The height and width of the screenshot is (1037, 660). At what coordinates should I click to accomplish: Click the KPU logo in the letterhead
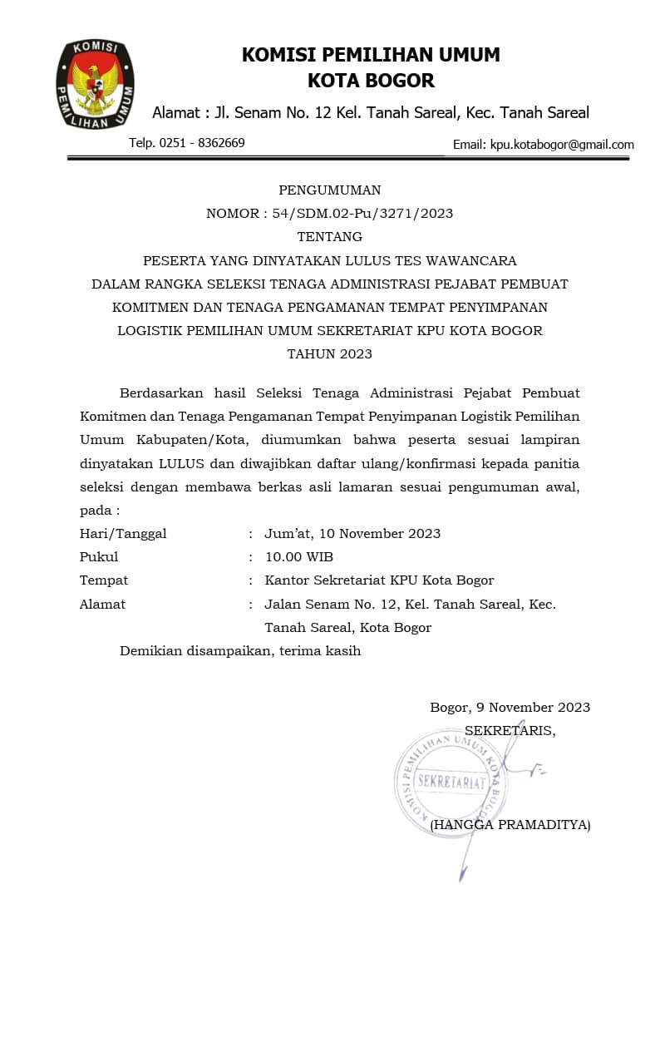[x=95, y=84]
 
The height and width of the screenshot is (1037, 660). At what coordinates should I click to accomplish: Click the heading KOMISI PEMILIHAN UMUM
[x=371, y=55]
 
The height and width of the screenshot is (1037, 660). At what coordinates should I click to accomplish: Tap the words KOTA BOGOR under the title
[x=371, y=81]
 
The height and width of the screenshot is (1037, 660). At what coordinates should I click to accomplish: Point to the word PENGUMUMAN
[x=330, y=190]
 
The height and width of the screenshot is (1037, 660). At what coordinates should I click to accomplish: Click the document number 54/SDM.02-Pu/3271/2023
[x=362, y=214]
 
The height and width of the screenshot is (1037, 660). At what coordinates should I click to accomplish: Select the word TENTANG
[x=330, y=237]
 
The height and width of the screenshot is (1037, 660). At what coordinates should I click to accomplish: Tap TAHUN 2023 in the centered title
[x=330, y=353]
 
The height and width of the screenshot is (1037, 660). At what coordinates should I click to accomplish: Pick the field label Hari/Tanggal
[x=123, y=534]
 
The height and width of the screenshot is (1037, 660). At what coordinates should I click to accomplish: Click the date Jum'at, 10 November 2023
[x=352, y=534]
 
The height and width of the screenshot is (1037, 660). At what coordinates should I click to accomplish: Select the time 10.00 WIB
[x=298, y=557]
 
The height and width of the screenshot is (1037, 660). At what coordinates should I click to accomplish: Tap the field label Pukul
[x=99, y=557]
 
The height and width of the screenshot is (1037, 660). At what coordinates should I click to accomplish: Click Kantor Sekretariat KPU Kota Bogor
[x=379, y=580]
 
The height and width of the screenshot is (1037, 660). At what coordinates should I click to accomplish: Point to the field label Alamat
[x=102, y=605]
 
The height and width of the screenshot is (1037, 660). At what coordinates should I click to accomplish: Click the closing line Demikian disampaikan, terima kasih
[x=240, y=651]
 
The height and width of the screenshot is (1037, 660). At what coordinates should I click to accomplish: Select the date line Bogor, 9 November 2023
[x=510, y=708]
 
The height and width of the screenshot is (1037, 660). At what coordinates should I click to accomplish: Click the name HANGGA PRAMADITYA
[x=513, y=825]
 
